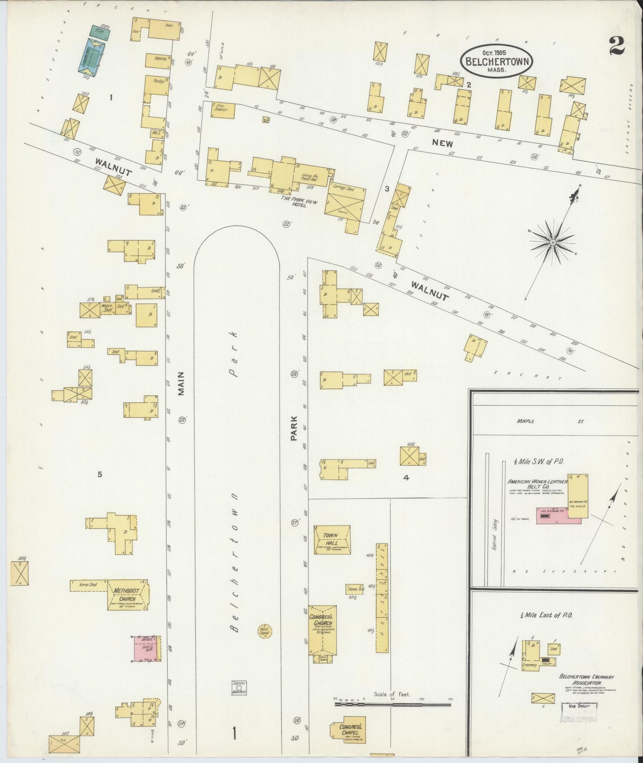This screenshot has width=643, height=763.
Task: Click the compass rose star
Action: point(552,242)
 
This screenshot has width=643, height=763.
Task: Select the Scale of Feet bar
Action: point(392,704)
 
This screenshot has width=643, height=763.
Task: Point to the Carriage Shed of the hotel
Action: point(344,201)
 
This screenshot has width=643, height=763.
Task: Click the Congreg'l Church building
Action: point(323,629)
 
